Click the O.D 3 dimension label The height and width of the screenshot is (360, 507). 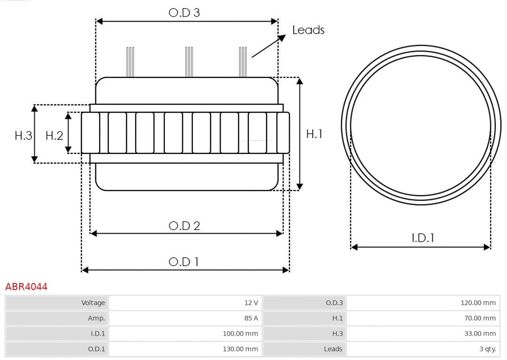pyautogui.click(x=184, y=13)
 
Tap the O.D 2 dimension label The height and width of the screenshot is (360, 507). pyautogui.click(x=184, y=226)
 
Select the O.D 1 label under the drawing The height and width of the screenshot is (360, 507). pyautogui.click(x=184, y=261)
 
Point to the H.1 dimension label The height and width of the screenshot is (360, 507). pyautogui.click(x=314, y=134)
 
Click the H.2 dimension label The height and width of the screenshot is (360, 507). pyautogui.click(x=54, y=136)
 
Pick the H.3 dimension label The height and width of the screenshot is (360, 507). pyautogui.click(x=23, y=136)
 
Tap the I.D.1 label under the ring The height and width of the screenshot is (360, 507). pyautogui.click(x=422, y=238)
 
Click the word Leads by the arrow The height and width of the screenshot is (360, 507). pyautogui.click(x=308, y=30)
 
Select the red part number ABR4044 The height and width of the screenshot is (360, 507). pyautogui.click(x=26, y=287)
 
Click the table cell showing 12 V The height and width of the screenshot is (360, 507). pyautogui.click(x=251, y=303)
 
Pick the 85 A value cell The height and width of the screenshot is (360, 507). pyautogui.click(x=251, y=318)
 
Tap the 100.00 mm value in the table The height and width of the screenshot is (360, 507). pyautogui.click(x=240, y=334)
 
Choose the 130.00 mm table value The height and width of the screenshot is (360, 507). pyautogui.click(x=240, y=349)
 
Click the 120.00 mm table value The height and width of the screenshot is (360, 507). pyautogui.click(x=478, y=303)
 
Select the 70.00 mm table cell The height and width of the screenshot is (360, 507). pyautogui.click(x=480, y=318)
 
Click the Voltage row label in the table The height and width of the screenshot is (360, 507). pyautogui.click(x=93, y=303)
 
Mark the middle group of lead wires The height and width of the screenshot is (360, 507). pyautogui.click(x=189, y=62)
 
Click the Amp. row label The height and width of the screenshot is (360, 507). pyautogui.click(x=96, y=318)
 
